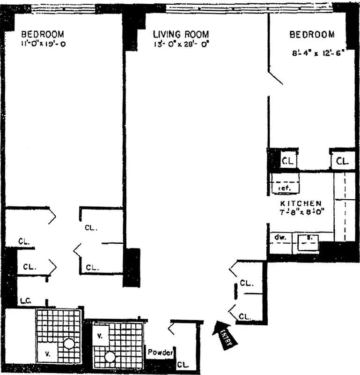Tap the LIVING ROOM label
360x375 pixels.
tap(181, 35)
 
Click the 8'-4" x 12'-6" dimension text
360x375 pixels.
tap(312, 53)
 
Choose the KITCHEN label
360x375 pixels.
tap(301, 203)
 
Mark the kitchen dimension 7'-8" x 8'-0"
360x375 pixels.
tap(301, 212)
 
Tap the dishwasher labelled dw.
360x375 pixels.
tap(280, 237)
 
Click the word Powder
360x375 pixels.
tap(161, 352)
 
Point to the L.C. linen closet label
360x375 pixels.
tap(25, 300)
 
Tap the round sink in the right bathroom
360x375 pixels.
tap(110, 357)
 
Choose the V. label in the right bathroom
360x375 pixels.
tap(100, 336)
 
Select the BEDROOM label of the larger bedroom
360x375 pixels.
tap(43, 34)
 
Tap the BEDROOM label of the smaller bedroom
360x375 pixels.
tap(312, 34)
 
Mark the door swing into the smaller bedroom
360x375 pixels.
tap(275, 78)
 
